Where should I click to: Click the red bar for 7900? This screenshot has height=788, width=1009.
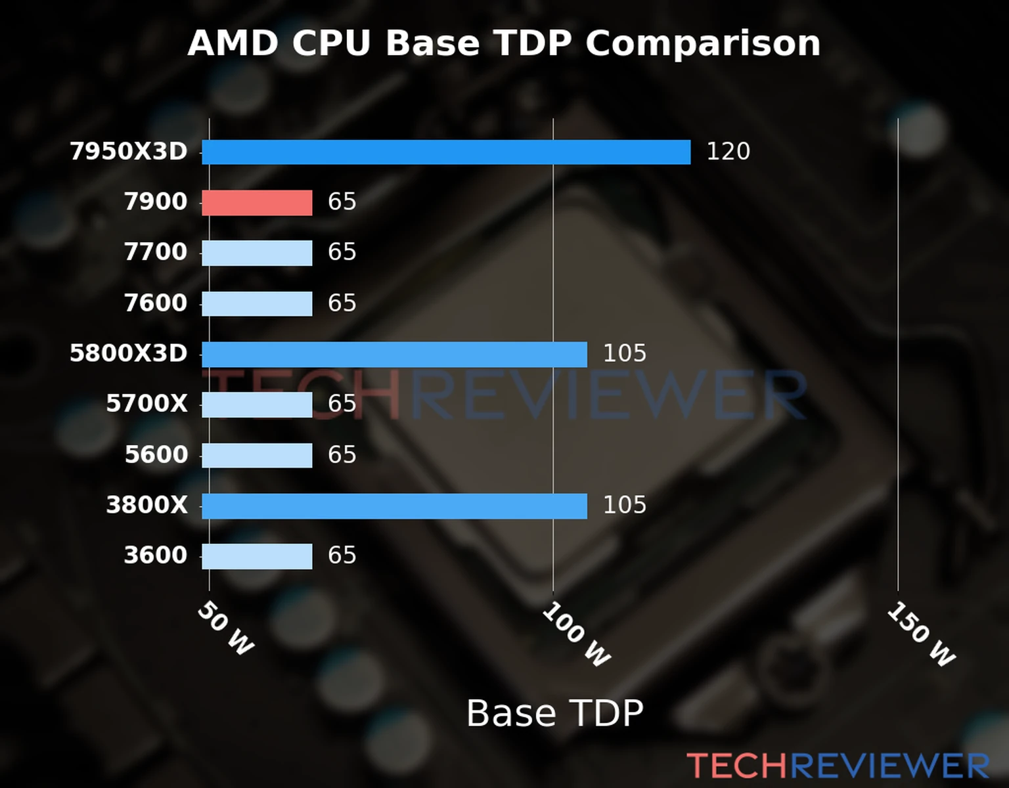tap(257, 203)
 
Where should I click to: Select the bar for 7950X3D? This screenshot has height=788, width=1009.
tap(446, 152)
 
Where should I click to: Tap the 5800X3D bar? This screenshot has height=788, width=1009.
tap(394, 355)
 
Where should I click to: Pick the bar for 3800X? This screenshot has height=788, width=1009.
tap(394, 506)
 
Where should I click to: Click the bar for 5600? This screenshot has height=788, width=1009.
tap(257, 456)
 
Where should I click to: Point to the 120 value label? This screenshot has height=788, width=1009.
tap(728, 152)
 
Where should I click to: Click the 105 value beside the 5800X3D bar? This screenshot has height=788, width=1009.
tap(624, 354)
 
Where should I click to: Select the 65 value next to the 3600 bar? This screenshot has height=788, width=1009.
tap(342, 556)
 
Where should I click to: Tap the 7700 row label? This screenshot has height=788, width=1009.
tap(156, 252)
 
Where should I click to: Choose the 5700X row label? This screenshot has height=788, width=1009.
tap(147, 404)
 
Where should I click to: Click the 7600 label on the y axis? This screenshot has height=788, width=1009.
tap(156, 303)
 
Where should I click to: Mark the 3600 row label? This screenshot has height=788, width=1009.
tap(156, 556)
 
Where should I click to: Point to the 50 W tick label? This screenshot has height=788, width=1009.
tap(225, 628)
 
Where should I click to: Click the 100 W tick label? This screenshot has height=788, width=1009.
tap(576, 634)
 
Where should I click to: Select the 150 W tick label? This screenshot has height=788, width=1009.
tap(921, 634)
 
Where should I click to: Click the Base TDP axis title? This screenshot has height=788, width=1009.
tap(554, 713)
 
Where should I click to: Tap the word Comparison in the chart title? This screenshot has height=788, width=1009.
tap(703, 44)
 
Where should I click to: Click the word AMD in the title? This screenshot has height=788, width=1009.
tap(233, 44)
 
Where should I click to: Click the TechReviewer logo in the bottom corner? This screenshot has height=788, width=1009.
tap(838, 766)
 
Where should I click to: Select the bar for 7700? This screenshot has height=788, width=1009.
tap(257, 253)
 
